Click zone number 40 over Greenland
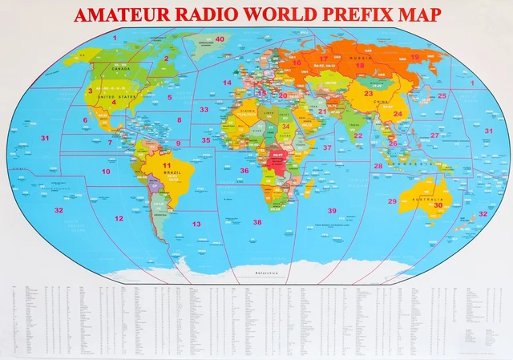219,38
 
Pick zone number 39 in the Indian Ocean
332,210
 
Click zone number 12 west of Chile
119,218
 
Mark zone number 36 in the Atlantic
244,170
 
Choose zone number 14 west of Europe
228,83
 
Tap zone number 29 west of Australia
392,201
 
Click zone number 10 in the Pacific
106,172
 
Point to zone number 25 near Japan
442,95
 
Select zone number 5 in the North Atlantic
170,97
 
